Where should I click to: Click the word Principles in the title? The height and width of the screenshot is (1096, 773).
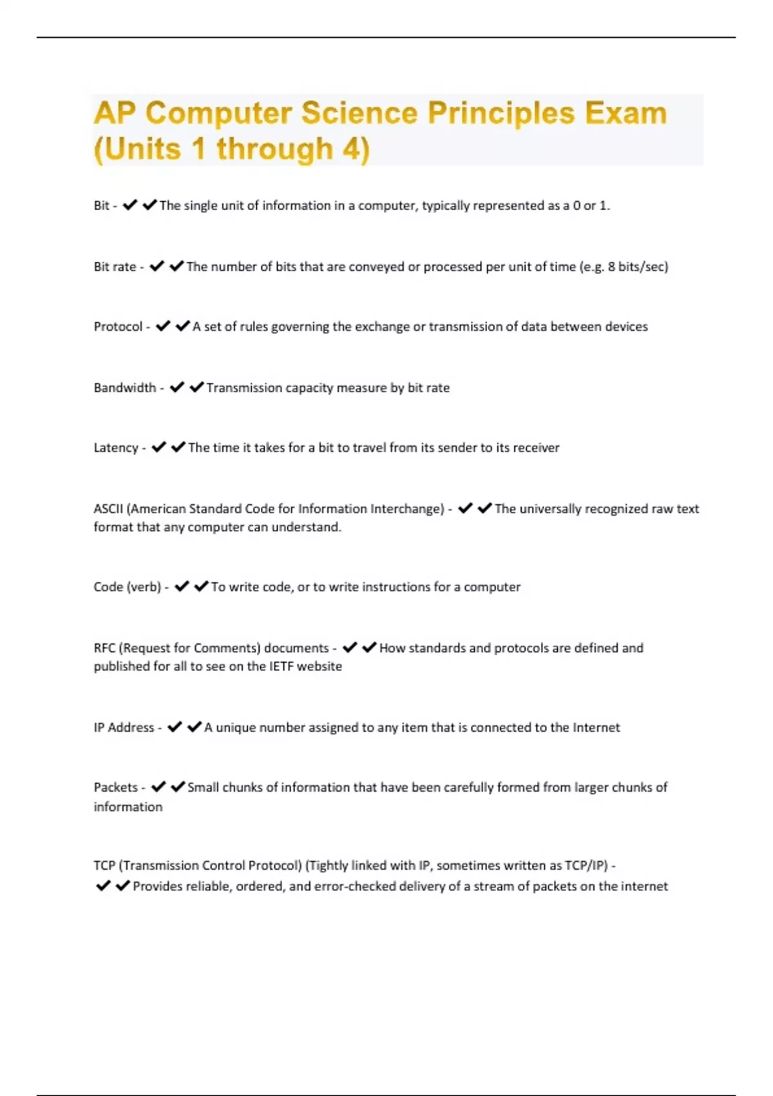[x=501, y=113]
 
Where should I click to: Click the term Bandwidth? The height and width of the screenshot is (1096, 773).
[x=125, y=387]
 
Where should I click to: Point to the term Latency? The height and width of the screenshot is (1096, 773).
[x=116, y=447]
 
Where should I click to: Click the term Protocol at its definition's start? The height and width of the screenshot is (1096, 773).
[x=118, y=326]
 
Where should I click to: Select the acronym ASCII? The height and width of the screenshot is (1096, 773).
[x=108, y=509]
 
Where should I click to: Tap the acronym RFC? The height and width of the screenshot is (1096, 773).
[x=104, y=648]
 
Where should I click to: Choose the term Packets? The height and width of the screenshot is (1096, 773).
[x=116, y=787]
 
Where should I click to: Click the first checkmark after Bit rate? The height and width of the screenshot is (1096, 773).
[x=157, y=266]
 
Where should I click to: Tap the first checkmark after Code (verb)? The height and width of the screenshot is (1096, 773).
[x=182, y=586]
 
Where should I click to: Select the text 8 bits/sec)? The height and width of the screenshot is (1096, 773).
[x=638, y=266]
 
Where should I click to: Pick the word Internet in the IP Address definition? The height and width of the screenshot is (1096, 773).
[x=596, y=727]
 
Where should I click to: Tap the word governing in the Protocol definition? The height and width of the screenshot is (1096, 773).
[x=300, y=327]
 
